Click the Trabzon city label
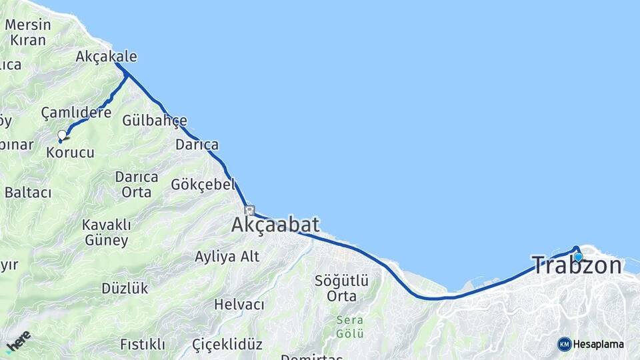click(577, 265)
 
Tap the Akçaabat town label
click(275, 225)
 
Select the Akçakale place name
click(106, 56)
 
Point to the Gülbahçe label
click(154, 121)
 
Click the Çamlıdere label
click(76, 113)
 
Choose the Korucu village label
click(70, 153)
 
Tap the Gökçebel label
click(203, 185)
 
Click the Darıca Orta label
click(137, 185)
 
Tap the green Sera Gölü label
click(349, 326)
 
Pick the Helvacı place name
click(239, 305)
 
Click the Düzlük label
click(125, 289)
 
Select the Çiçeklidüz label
click(227, 345)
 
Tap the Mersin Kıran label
click(27, 32)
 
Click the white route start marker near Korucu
click(62, 135)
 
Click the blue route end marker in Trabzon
click(578, 257)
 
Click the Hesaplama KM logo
click(591, 344)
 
